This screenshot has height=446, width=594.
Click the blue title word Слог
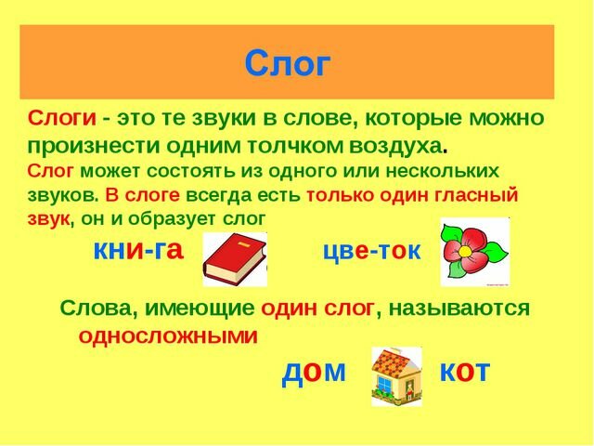pos(288,63)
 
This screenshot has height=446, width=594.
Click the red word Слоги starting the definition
pos(62,118)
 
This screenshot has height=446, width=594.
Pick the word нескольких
pos(442,171)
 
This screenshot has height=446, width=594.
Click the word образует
pos(173,219)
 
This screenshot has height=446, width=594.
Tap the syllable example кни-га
pos(138,250)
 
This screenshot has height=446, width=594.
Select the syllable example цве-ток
pos(372,251)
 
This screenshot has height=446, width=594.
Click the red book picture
pos(235,259)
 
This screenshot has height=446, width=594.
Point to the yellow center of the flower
pos(464,251)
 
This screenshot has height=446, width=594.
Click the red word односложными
pos(168,335)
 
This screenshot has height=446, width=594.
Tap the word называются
pos(458,308)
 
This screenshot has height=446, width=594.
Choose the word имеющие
pos(200,308)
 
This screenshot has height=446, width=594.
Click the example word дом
pos(314,372)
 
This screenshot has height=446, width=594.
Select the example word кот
pos(465,371)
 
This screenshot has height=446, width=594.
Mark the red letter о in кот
pos(464,372)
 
